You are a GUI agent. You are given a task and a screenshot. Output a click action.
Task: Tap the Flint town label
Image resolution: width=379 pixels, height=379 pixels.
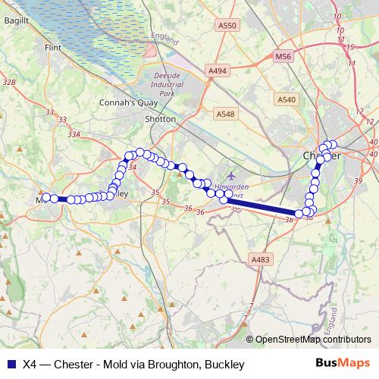[x=53, y=47]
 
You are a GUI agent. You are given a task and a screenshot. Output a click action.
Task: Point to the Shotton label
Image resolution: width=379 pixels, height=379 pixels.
[x=160, y=119]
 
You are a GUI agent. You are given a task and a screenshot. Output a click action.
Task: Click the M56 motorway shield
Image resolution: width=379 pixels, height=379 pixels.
[x=283, y=56]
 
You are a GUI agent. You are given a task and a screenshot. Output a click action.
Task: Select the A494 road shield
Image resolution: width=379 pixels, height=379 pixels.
[x=218, y=70]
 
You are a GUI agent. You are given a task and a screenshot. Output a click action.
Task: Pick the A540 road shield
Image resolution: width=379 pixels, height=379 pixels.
[x=287, y=99]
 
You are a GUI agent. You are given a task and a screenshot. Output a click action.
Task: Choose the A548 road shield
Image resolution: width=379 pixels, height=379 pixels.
[x=225, y=114]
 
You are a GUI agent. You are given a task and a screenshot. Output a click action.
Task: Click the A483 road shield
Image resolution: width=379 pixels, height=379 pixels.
[x=259, y=260]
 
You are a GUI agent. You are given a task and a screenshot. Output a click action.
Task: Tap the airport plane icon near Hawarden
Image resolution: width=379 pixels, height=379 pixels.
[x=230, y=177]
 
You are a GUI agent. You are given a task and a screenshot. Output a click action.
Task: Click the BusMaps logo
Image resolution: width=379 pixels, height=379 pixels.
[x=346, y=363]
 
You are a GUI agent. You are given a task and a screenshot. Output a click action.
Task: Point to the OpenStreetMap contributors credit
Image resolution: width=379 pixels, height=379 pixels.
[x=313, y=340]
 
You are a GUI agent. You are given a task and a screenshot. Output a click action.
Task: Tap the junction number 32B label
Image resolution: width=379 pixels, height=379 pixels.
[x=9, y=82]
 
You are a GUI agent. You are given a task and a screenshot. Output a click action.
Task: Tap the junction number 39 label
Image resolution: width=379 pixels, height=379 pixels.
[x=358, y=180]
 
